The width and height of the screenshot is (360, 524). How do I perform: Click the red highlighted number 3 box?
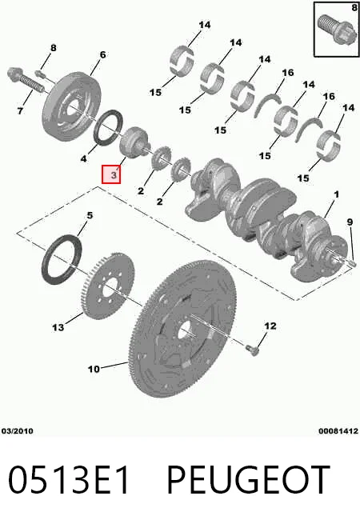(111, 174)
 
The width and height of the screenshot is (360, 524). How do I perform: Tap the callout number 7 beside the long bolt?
(20, 110)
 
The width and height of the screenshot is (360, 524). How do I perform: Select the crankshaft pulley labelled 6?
(71, 106)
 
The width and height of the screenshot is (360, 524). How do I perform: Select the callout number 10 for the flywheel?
(94, 369)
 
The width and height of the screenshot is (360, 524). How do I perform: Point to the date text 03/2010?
(18, 431)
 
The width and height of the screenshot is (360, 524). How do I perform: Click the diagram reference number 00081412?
(338, 431)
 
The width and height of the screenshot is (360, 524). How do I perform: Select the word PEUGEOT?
(248, 479)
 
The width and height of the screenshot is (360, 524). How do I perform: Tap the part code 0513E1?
(69, 479)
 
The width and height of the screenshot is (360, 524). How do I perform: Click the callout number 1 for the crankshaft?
(336, 194)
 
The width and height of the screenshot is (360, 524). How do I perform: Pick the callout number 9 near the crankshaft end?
(350, 222)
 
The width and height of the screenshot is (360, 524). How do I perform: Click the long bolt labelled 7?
(26, 79)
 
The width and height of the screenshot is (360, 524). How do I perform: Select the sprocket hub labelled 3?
(134, 142)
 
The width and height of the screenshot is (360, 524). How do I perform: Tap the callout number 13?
(58, 327)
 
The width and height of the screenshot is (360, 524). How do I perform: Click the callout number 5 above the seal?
(90, 216)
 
